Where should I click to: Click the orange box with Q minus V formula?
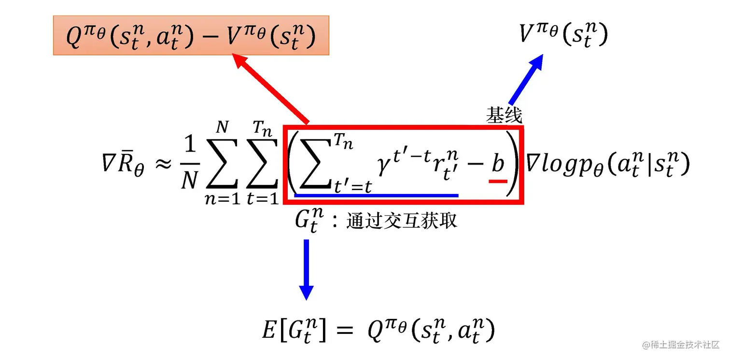(191, 35)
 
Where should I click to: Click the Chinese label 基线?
(504, 116)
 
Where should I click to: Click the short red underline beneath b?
(498, 181)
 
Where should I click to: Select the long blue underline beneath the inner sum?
(376, 195)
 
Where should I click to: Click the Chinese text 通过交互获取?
(402, 222)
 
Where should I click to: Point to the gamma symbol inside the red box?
(384, 166)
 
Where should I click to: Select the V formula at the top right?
(563, 35)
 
